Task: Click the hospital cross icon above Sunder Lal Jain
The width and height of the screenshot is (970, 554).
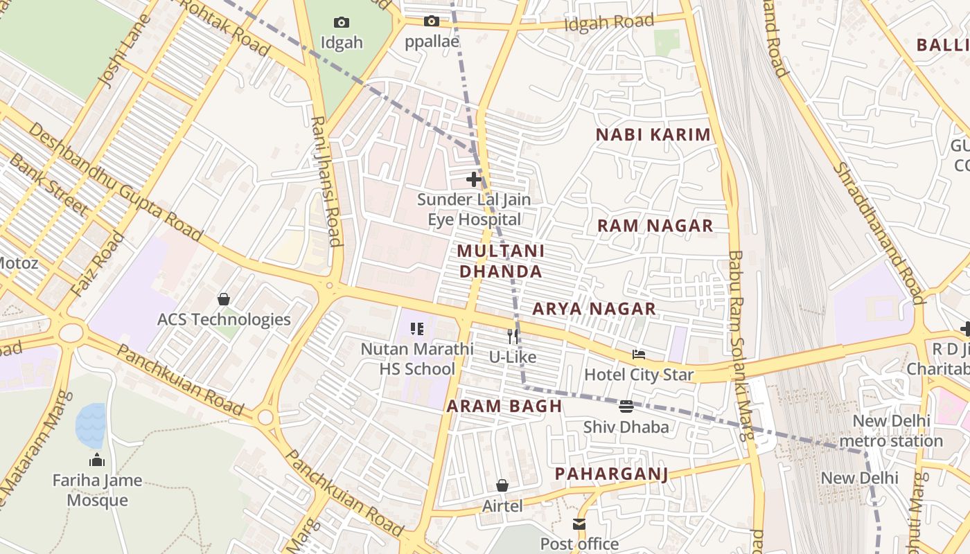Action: tap(474, 180)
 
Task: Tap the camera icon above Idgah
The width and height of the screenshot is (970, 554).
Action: tap(342, 22)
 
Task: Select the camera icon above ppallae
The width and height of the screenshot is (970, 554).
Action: tap(432, 21)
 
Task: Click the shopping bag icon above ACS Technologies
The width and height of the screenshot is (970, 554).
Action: tap(224, 299)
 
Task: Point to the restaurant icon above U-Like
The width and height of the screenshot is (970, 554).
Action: tap(513, 337)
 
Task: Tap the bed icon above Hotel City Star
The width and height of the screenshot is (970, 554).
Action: tap(639, 355)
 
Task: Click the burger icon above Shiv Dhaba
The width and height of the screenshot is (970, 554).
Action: tap(626, 406)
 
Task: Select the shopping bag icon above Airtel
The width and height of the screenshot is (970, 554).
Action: tap(502, 485)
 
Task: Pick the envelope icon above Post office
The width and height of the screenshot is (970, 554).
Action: tap(579, 524)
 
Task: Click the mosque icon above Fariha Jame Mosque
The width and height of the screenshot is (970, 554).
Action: tap(97, 460)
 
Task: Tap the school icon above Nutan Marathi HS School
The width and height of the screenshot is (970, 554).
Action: tap(416, 329)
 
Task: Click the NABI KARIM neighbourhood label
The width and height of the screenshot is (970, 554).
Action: tap(653, 135)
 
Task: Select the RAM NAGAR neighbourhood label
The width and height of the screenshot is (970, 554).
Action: tap(655, 226)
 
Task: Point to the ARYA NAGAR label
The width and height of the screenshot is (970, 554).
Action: tap(594, 309)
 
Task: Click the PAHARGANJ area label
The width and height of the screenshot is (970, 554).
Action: tap(611, 474)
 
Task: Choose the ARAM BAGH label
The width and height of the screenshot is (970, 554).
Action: tap(504, 406)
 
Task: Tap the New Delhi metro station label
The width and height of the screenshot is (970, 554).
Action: tap(897, 431)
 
